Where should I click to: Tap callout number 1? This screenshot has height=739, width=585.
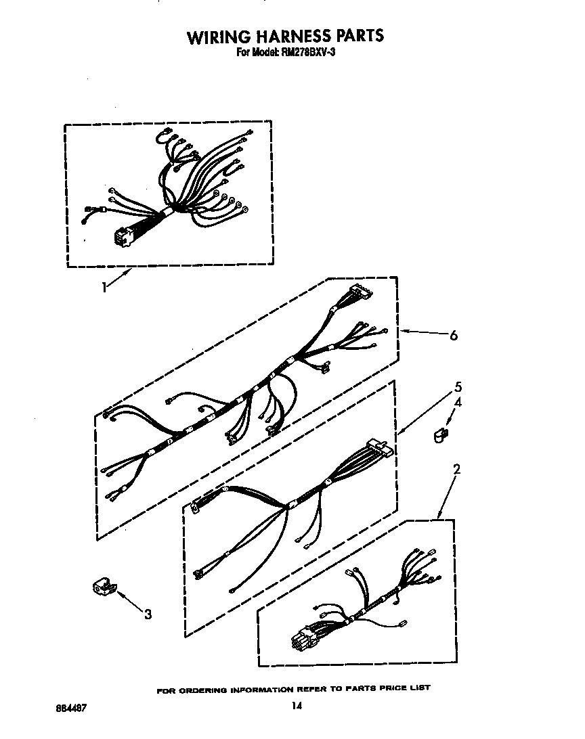point(104,287)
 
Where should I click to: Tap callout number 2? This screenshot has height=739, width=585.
point(457,468)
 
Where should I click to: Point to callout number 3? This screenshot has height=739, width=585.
point(148,614)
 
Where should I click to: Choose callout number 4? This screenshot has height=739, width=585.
point(458,403)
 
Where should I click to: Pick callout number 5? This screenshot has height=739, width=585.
point(458,387)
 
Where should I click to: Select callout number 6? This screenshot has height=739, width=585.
point(453,335)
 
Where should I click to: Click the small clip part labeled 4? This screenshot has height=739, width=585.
point(441,433)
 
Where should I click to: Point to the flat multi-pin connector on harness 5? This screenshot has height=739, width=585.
point(377,449)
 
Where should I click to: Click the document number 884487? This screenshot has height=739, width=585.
point(70,707)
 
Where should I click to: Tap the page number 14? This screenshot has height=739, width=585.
point(296,707)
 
